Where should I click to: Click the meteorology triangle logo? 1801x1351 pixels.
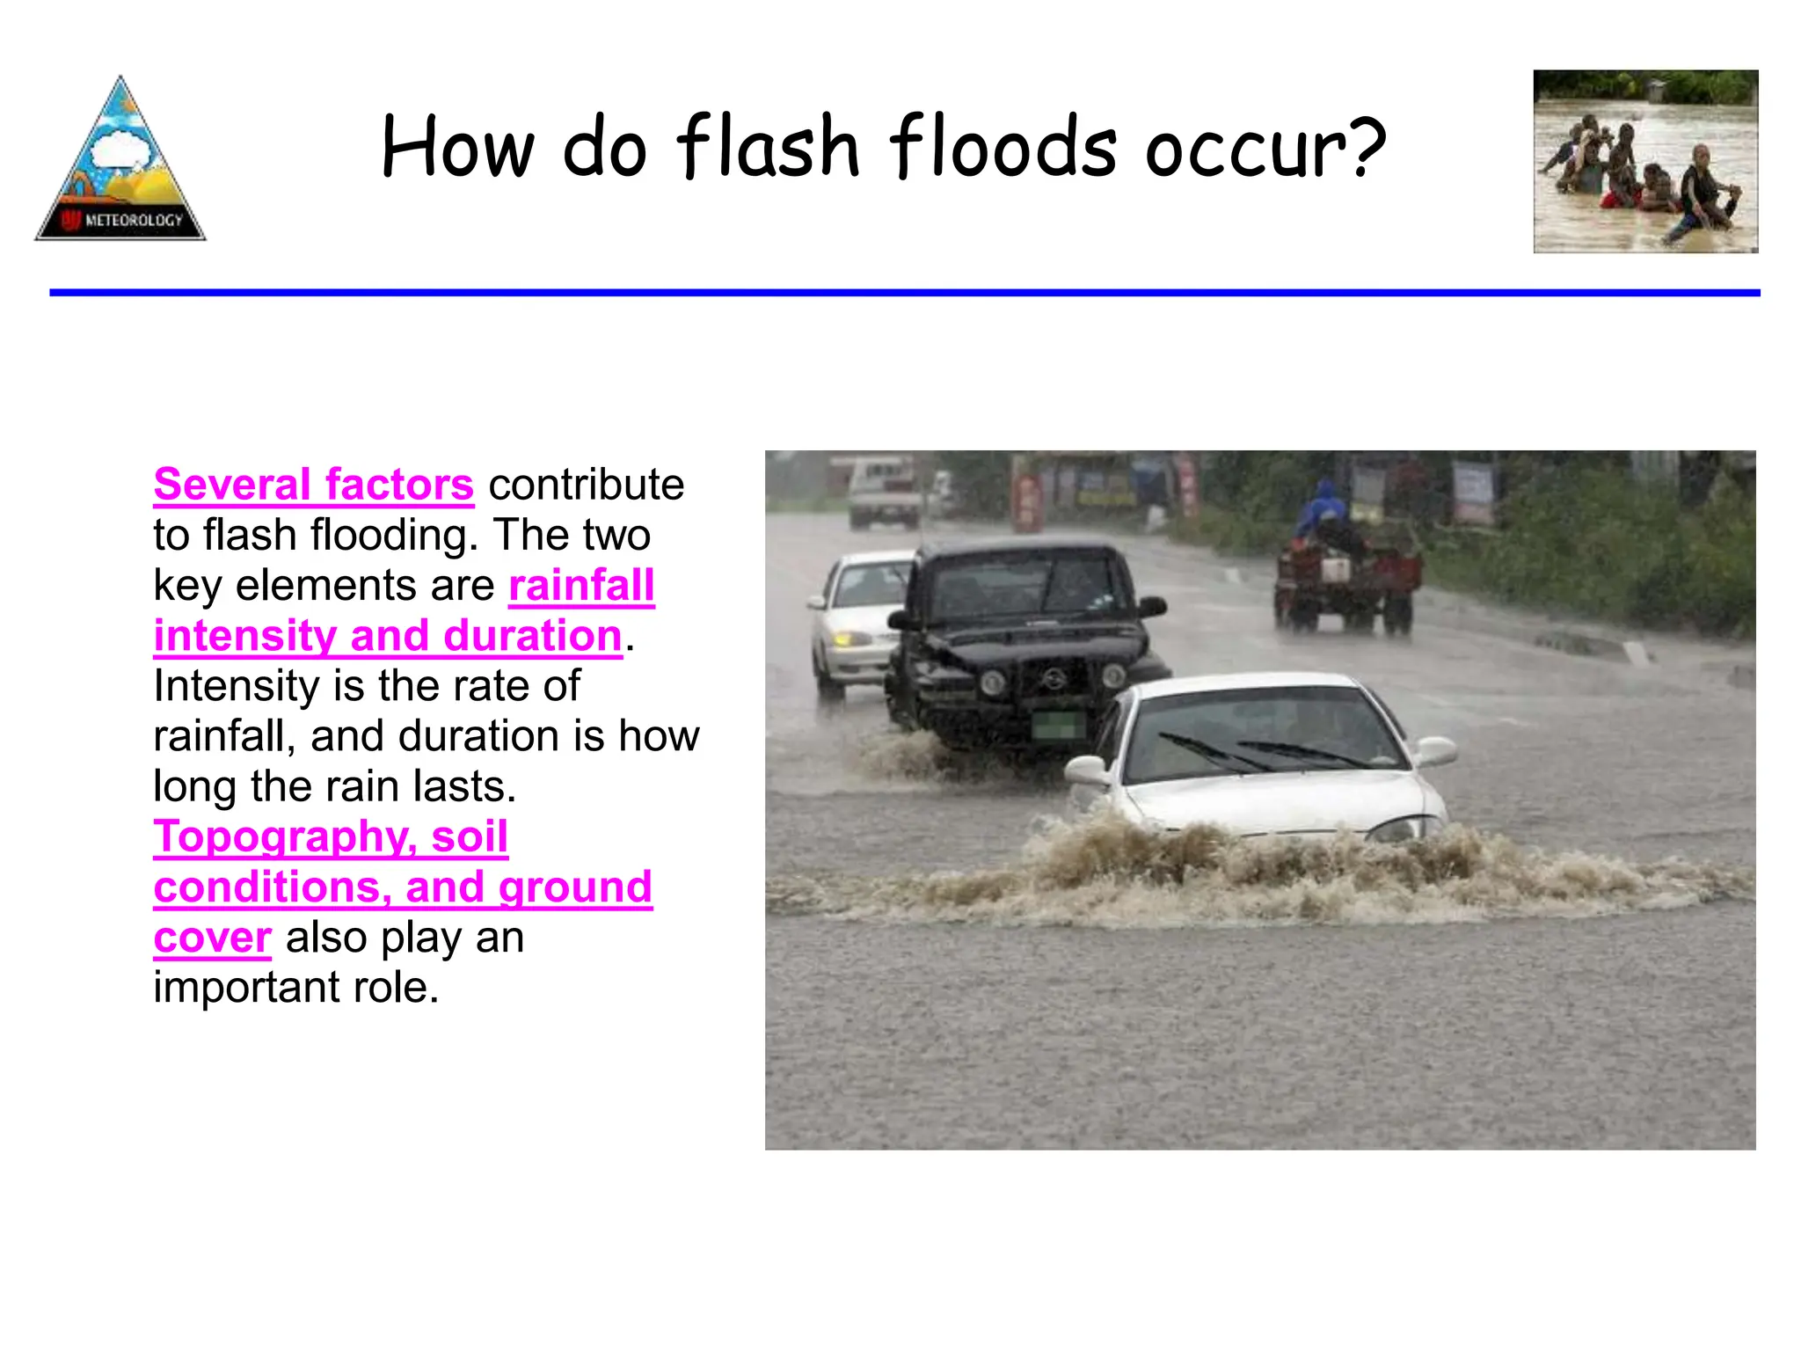pos(120,163)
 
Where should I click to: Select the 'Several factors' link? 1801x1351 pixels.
pos(313,485)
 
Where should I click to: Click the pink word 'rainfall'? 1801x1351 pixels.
pos(581,586)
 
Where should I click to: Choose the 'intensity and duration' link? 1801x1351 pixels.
pos(388,636)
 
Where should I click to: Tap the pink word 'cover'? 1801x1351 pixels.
pos(212,938)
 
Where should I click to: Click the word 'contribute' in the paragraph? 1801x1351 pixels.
pos(587,485)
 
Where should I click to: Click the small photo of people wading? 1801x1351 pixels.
pos(1645,162)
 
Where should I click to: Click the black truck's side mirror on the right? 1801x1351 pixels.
pos(1152,606)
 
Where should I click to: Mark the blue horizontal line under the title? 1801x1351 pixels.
pos(904,292)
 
